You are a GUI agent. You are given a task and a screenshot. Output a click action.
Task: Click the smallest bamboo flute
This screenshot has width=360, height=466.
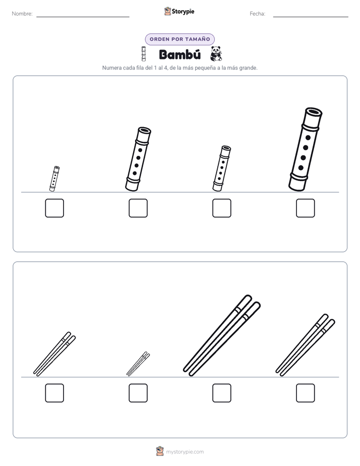point(54,179)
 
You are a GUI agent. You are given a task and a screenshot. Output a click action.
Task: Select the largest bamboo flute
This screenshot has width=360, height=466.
point(306,149)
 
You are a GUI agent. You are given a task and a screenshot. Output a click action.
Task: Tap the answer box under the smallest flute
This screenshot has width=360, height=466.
point(54,208)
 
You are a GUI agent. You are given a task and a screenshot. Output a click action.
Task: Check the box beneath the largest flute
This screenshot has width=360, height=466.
point(306,208)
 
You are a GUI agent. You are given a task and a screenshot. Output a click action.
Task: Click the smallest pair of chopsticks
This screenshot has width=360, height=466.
point(138,364)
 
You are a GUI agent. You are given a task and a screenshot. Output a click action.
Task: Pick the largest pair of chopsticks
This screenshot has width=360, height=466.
point(221,335)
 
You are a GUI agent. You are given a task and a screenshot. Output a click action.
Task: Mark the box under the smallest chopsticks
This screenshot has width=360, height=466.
point(138,393)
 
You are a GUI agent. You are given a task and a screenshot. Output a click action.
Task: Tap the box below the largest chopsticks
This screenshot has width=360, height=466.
point(221,393)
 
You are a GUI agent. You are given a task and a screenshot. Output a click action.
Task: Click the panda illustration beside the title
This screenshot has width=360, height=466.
point(216,54)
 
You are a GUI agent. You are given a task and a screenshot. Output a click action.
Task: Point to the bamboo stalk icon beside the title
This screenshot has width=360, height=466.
point(144,54)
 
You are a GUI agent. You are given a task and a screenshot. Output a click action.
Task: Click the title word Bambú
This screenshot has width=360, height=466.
point(179,54)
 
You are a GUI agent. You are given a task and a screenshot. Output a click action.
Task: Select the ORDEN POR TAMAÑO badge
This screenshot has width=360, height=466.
point(179,39)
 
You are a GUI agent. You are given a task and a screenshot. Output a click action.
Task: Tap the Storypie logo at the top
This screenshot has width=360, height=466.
point(179,11)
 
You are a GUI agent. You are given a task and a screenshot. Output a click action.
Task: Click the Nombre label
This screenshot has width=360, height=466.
point(22,14)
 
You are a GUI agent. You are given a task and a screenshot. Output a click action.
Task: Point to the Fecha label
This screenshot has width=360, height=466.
point(258,14)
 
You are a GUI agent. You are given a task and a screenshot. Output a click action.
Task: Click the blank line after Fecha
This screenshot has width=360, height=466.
point(311,17)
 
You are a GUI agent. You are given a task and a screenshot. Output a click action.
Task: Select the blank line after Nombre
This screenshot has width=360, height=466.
point(83,17)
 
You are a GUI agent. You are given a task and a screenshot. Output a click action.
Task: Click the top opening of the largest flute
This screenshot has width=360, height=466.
point(314,112)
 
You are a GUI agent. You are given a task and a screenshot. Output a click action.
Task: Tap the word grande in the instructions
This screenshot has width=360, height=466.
point(248,68)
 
